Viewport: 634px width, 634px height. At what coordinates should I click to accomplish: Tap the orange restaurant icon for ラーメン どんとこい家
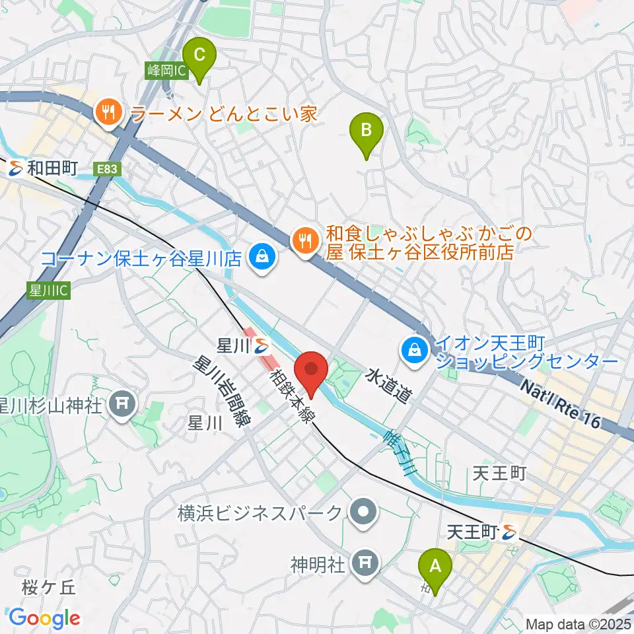pos(108,114)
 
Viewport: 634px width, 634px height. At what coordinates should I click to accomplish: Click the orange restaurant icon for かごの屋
pos(304,238)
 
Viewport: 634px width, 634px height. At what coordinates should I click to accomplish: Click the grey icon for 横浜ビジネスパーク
pos(363,512)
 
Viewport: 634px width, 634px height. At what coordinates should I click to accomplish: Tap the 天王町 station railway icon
pos(509,530)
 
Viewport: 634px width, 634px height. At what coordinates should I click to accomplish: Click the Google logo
pos(44,618)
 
